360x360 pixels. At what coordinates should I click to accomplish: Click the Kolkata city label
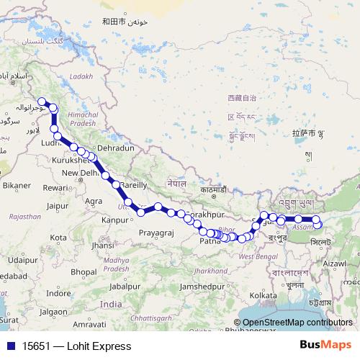(263, 295)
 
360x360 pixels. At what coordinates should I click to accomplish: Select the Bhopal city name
(83, 271)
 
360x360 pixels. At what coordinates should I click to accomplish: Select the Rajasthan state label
(25, 216)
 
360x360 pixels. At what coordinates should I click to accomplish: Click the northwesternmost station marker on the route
(42, 102)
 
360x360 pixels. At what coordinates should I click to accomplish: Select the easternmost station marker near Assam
(318, 225)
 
